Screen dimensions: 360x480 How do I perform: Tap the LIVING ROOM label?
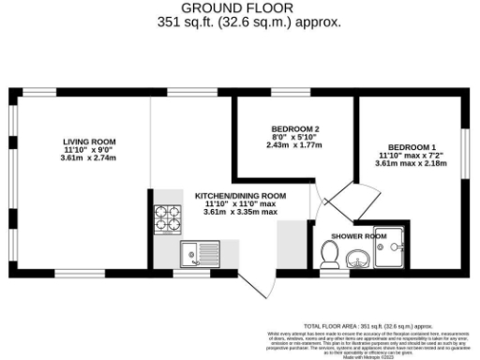coord(82,141)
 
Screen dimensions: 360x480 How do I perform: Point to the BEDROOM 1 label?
coord(412,147)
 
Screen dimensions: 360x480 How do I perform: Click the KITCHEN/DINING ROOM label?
coord(240,195)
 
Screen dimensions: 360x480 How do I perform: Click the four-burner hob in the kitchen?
coord(168,218)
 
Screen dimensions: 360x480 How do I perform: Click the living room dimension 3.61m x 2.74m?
coord(82,157)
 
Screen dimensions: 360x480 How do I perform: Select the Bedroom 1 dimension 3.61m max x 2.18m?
coord(412,164)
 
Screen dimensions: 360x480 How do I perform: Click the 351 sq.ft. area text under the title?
coord(240,22)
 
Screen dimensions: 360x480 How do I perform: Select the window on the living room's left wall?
coord(12,178)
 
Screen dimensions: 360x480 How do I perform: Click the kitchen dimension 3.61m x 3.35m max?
coord(240,212)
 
